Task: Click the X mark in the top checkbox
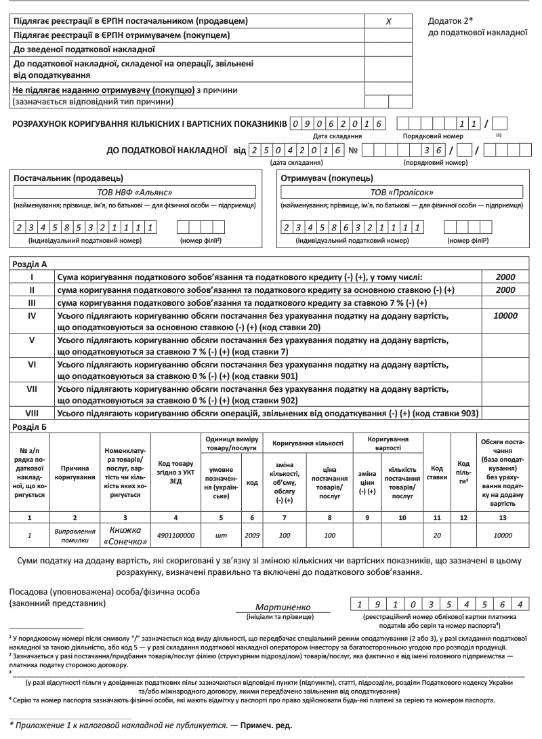pos(389,22)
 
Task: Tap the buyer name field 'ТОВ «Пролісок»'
pos(402,192)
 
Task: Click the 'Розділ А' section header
pos(28,266)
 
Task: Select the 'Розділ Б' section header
pos(28,426)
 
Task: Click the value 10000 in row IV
pos(505,316)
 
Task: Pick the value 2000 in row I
pos(505,277)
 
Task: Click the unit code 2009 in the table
pos(251,535)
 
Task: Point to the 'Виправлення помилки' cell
pos(72,535)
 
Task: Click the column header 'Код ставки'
pos(437,472)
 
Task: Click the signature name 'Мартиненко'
pos(283,607)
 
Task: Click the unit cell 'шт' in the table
pos(220,535)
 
